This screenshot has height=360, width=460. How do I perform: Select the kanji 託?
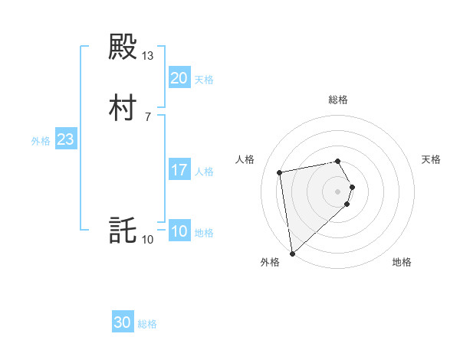(123, 231)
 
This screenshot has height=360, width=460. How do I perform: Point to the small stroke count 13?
(148, 56)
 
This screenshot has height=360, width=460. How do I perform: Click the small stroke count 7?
(148, 117)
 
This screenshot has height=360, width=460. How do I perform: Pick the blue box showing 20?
(179, 78)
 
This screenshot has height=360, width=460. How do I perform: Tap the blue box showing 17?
(179, 170)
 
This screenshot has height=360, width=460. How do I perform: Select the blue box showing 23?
(65, 139)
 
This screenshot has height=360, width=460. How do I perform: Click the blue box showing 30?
(123, 322)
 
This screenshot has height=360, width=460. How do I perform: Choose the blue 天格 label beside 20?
(204, 80)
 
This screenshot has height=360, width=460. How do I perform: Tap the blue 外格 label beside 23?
(41, 141)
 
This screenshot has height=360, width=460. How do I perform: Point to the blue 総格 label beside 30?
(147, 324)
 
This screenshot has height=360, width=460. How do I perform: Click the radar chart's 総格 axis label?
(338, 100)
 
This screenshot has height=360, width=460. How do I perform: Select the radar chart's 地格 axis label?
(402, 262)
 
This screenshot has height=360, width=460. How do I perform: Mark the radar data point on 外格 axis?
(292, 253)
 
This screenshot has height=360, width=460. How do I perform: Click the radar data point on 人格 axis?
(280, 172)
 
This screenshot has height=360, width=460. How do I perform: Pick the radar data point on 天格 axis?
(352, 186)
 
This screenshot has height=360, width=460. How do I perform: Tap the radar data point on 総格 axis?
(338, 161)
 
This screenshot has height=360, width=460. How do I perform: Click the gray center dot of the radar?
(338, 191)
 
